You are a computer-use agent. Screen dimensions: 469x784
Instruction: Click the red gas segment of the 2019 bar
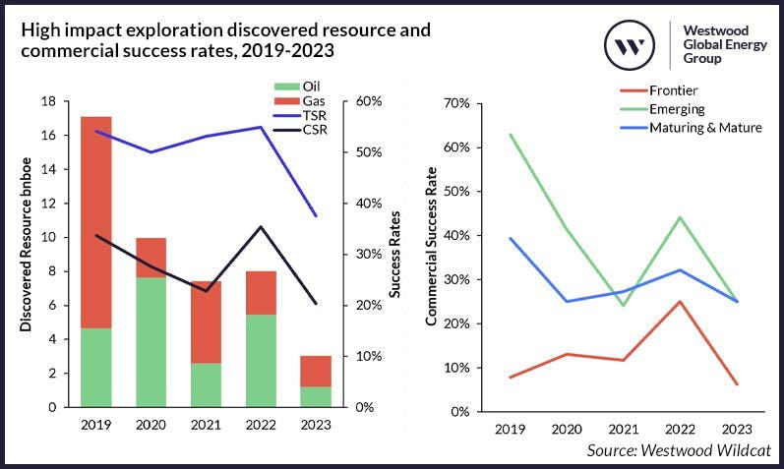[95, 221]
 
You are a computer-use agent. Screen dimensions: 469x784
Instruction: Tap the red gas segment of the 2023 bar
[316, 371]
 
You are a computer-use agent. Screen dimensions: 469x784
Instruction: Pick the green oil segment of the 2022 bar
[261, 360]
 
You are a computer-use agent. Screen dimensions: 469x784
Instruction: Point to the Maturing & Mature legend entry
[700, 127]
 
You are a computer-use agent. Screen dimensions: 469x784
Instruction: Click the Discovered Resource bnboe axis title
[27, 254]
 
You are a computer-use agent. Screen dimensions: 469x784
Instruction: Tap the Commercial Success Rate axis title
[431, 258]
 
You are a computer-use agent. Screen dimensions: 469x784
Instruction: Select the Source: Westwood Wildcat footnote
[679, 449]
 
